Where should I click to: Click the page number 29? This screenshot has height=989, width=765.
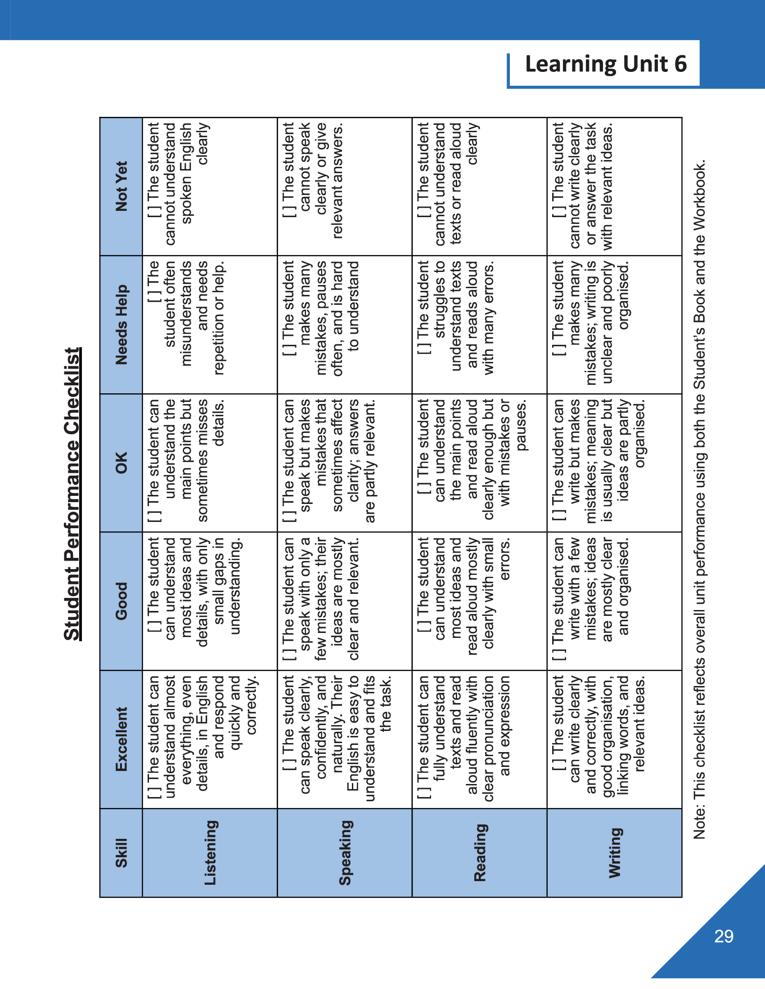click(724, 936)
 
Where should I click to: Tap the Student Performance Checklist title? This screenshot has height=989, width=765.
click(72, 494)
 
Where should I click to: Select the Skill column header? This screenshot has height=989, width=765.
click(121, 853)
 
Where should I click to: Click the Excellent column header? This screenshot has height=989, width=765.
click(121, 739)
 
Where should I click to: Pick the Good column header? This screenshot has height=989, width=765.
click(121, 601)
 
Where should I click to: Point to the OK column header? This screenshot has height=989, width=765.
click(121, 462)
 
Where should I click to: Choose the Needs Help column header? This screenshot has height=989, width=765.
click(121, 324)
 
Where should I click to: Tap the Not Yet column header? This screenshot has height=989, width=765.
click(121, 186)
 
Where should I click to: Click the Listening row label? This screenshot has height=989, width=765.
click(210, 853)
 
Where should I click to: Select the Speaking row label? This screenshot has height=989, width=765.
click(345, 853)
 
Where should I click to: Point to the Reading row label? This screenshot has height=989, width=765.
click(480, 853)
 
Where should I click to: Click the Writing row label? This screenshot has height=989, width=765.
click(615, 853)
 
